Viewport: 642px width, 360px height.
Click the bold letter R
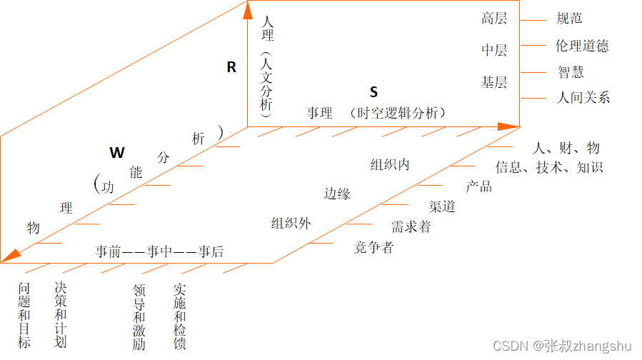231,67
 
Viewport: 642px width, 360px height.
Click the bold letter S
373,92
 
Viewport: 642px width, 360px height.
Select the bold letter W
116,152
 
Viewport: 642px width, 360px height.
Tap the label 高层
494,19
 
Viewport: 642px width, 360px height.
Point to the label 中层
494,50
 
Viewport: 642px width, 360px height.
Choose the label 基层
494,82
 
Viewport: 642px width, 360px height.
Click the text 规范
569,19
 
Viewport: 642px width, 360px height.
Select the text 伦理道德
582,46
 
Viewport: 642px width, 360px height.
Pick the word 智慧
571,72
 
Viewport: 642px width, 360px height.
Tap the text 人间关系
583,98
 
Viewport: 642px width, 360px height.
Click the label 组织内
390,165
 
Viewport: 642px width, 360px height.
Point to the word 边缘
337,194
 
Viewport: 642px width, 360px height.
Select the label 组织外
291,223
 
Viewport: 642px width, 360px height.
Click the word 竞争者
373,248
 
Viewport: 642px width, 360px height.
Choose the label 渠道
442,207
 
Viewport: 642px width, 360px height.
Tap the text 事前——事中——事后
159,251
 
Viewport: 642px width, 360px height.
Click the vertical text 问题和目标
25,315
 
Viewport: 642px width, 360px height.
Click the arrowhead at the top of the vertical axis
248,10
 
